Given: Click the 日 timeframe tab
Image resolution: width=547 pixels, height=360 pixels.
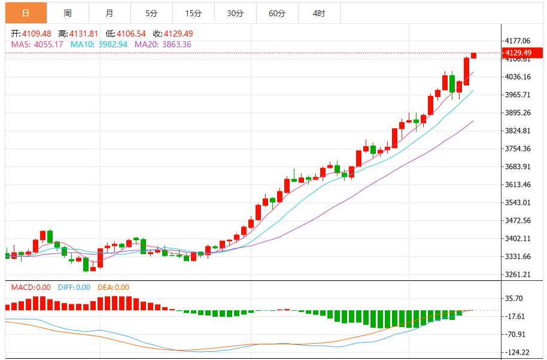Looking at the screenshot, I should pyautogui.click(x=26, y=13).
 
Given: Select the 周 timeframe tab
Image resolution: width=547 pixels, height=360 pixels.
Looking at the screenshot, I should pyautogui.click(x=68, y=13).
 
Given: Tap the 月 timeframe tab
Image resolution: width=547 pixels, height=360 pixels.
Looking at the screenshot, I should pyautogui.click(x=110, y=13).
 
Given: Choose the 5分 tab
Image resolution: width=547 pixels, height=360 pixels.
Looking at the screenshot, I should pyautogui.click(x=151, y=13).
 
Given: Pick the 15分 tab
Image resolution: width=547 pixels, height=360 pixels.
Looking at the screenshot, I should pyautogui.click(x=193, y=13).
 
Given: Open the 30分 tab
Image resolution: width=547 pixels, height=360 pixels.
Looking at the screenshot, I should pyautogui.click(x=235, y=13).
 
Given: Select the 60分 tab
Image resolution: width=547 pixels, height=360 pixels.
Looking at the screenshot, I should pyautogui.click(x=277, y=13).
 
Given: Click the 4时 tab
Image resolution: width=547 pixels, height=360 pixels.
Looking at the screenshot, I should pyautogui.click(x=318, y=13).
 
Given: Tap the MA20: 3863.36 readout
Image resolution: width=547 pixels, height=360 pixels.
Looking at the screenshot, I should pyautogui.click(x=163, y=44).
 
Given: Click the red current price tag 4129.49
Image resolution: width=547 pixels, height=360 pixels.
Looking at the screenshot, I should pyautogui.click(x=518, y=53).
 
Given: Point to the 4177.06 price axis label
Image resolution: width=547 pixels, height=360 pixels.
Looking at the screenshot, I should pyautogui.click(x=518, y=41).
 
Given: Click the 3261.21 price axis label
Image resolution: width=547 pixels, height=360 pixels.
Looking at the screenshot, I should pyautogui.click(x=518, y=274).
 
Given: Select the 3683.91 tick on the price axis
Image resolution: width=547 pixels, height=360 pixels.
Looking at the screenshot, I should pyautogui.click(x=518, y=167).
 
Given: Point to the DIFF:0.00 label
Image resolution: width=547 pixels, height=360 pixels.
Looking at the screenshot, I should pyautogui.click(x=74, y=288).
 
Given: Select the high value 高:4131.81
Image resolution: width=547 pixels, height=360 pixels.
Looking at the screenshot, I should pyautogui.click(x=79, y=34).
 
